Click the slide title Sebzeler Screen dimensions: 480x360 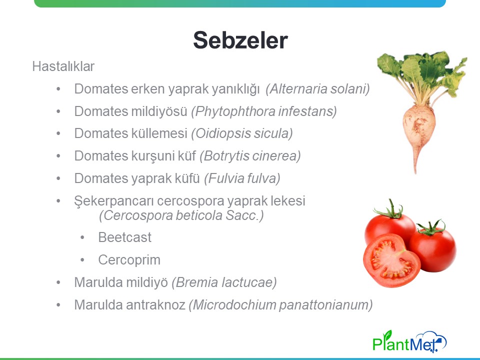coord(240,40)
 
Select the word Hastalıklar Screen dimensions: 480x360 coord(63,66)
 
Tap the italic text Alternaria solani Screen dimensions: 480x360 coord(317,89)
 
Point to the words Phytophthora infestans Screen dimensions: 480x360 coord(264,111)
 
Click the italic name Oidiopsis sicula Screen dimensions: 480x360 coord(242,133)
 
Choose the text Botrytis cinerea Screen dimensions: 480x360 coord(250,156)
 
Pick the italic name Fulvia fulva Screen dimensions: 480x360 coord(242,178)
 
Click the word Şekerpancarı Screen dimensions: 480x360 coord(114,201)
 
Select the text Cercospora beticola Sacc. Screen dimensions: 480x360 coord(181,215)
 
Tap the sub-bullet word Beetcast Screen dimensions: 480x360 coord(125,237)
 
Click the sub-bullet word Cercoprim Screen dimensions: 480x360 coord(129,260)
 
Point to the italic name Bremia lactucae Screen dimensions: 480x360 coord(224,282)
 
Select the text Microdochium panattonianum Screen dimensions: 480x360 coord(280,305)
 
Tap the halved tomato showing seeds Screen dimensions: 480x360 coord(391,260)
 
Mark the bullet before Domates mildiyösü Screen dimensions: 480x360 coord(58,111)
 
